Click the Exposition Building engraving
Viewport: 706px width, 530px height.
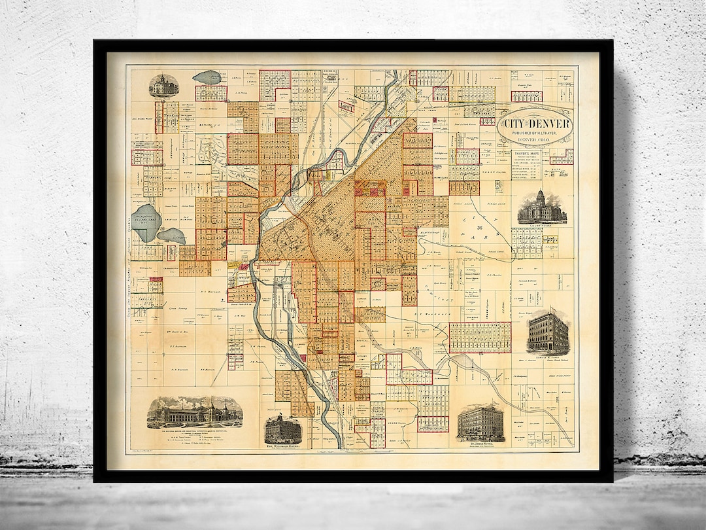click(195, 412)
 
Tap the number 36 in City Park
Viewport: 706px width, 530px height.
click(480, 228)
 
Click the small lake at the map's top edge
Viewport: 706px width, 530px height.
click(207, 77)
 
